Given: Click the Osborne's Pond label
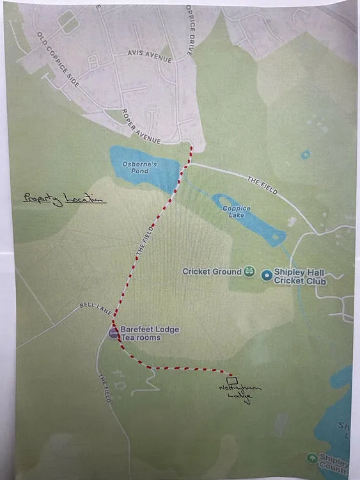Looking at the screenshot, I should (135, 167).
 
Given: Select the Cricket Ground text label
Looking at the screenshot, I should (212, 272).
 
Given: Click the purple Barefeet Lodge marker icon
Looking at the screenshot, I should (113, 333).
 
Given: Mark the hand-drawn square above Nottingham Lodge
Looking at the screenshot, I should (232, 380).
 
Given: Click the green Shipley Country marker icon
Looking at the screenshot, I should (312, 458).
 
